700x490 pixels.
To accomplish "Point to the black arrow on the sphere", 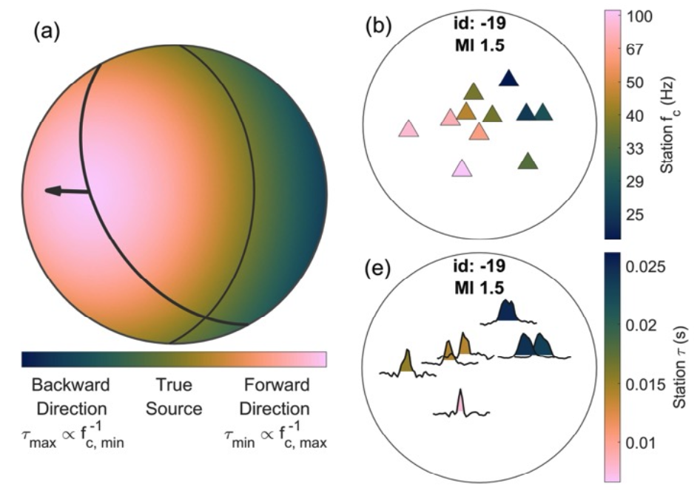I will (65, 191).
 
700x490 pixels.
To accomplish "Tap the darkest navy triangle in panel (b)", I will (508, 78).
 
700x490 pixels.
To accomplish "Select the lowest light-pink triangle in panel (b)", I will (462, 169).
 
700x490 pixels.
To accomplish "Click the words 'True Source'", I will (174, 397).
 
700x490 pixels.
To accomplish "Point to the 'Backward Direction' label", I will (70, 397).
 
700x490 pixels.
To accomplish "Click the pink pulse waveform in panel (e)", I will (460, 403).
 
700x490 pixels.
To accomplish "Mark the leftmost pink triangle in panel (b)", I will (408, 130).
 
